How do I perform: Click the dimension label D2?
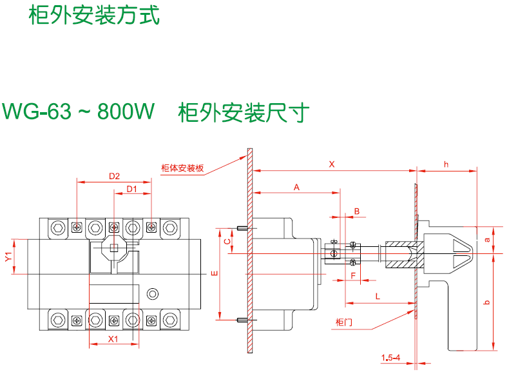coord(115,176)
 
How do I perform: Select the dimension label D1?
coord(132,189)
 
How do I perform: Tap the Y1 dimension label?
coord(8,257)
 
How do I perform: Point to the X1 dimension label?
coord(113,339)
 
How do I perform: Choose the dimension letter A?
coord(296,187)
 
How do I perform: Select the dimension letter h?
coord(446,164)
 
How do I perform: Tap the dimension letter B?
coord(356,211)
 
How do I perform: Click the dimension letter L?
coord(377,296)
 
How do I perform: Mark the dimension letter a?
coord(488,239)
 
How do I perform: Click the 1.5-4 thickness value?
coord(390,357)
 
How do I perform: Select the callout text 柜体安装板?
coord(182,169)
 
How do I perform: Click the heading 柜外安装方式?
coord(94,15)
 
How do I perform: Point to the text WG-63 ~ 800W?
coord(79,112)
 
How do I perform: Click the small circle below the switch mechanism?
coord(153,294)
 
